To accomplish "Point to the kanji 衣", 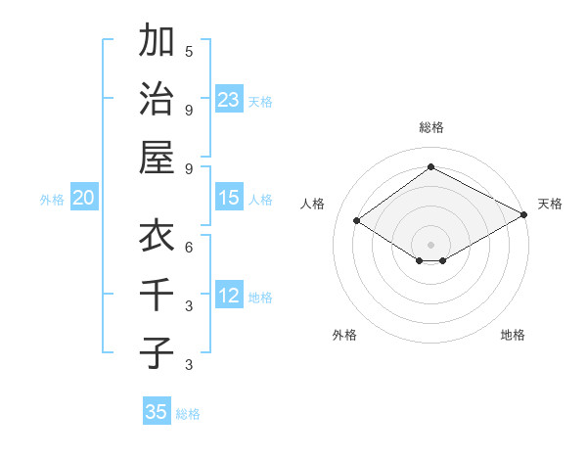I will (x=157, y=236).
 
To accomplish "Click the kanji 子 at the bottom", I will (x=157, y=351).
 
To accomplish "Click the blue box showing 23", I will (x=229, y=100).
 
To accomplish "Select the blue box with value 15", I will (x=229, y=198).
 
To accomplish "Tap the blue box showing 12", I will (x=229, y=296).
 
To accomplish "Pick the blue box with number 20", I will (x=83, y=198).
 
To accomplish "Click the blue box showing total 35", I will (x=157, y=412).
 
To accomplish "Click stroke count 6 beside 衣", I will (x=189, y=247).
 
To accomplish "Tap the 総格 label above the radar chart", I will (x=430, y=127).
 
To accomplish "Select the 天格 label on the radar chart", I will (x=550, y=204).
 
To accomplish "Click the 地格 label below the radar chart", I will (x=513, y=335).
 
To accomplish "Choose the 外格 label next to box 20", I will (x=52, y=200).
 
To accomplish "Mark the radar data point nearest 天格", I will (x=524, y=215).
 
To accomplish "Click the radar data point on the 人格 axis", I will (x=357, y=221).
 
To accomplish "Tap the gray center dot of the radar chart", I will (x=430, y=244).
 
